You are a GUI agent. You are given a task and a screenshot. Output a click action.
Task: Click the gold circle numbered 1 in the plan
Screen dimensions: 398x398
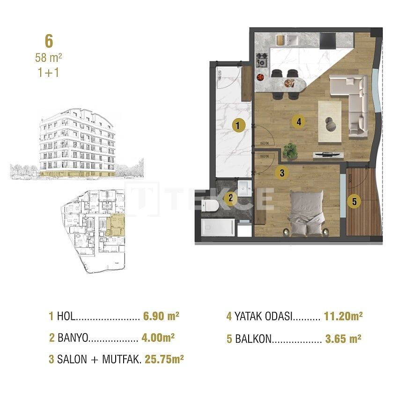[x=238, y=125]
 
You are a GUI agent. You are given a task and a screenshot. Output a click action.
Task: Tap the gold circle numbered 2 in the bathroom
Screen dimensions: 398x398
[x=230, y=198]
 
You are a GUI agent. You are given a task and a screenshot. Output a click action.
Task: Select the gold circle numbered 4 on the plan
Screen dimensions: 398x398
[x=298, y=122]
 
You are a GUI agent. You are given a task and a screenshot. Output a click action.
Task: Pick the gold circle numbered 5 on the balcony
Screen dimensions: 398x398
[x=354, y=202]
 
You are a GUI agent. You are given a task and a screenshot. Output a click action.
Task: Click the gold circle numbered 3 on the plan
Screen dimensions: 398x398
[x=282, y=172]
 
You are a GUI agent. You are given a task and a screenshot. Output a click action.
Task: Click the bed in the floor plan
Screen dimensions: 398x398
[x=306, y=211]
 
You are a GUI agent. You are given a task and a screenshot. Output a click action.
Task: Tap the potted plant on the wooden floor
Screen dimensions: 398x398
[x=290, y=151]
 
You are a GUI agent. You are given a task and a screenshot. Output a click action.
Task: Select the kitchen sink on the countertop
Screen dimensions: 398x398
[x=284, y=39]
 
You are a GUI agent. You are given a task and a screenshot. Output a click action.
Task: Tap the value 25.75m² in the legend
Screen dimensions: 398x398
[x=165, y=360]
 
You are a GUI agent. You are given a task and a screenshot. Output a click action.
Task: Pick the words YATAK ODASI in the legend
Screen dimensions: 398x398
[x=263, y=317]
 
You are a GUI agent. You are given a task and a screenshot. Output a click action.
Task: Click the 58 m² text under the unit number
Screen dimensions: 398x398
[x=49, y=58]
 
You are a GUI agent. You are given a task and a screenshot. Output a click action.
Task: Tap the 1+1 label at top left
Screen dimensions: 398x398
[x=49, y=73]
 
